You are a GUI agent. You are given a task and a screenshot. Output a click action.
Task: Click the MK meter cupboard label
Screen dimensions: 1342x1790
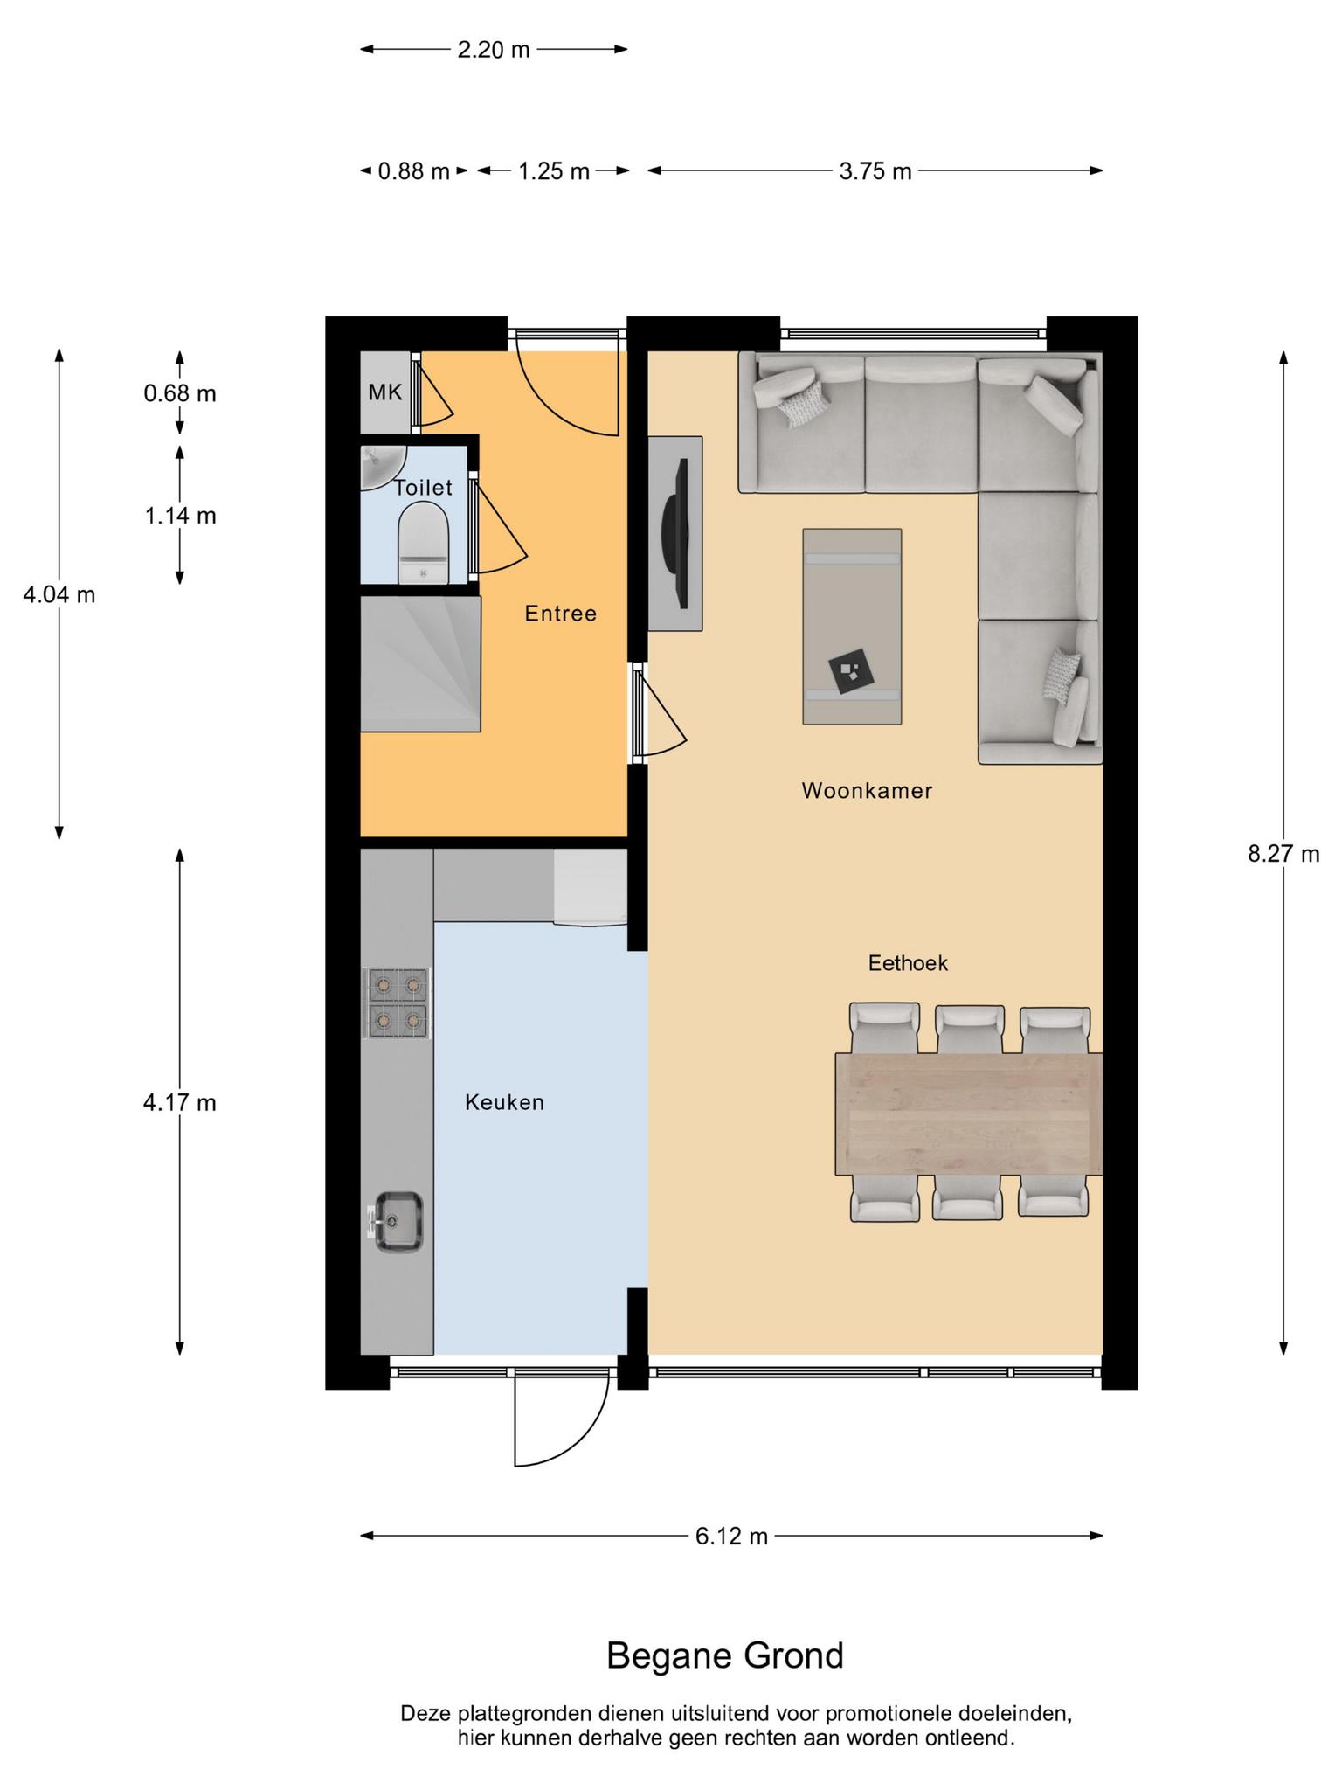pyautogui.click(x=384, y=392)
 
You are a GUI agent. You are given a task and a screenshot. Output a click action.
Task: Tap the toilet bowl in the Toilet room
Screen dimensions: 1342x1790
pyautogui.click(x=423, y=543)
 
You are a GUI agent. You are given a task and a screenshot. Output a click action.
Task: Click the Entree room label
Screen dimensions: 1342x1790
pyautogui.click(x=560, y=614)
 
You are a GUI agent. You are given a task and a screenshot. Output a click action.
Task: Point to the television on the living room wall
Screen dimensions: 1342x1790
pyautogui.click(x=680, y=533)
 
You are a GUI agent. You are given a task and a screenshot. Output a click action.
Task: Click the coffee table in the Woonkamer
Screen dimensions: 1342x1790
pyautogui.click(x=852, y=626)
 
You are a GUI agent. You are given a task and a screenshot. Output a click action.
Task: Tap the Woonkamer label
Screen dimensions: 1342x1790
pyautogui.click(x=867, y=791)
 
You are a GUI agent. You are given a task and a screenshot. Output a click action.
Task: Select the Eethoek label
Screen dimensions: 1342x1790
pyautogui.click(x=908, y=963)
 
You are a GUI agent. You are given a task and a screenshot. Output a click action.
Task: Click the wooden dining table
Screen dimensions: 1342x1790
pyautogui.click(x=969, y=1114)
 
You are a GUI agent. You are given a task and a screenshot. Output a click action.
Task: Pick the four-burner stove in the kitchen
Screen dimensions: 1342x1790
pyautogui.click(x=398, y=1003)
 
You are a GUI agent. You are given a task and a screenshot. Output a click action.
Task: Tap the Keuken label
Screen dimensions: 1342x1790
pyautogui.click(x=504, y=1103)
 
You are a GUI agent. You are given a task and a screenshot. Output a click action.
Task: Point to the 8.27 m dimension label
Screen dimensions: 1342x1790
pyautogui.click(x=1283, y=854)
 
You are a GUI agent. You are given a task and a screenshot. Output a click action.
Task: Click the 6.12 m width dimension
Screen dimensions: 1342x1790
pyautogui.click(x=731, y=1536)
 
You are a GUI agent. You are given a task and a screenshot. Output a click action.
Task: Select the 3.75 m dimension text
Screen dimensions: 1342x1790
pyautogui.click(x=875, y=171)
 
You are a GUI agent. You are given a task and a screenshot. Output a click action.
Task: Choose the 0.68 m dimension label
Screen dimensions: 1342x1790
pyautogui.click(x=180, y=393)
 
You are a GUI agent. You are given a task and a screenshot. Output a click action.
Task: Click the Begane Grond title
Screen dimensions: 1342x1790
pyautogui.click(x=725, y=1655)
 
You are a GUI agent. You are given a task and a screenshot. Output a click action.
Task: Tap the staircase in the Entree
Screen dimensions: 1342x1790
pyautogui.click(x=420, y=663)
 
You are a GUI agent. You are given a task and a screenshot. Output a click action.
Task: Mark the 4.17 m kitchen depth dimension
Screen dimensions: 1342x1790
pyautogui.click(x=180, y=1103)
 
